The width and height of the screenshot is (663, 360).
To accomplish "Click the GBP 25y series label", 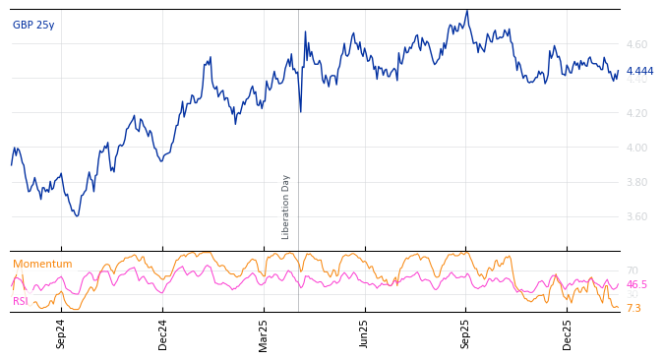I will click(x=33, y=26).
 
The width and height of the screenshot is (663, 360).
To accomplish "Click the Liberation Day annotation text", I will click(x=286, y=207).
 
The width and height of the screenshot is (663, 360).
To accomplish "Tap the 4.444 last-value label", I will click(x=639, y=71).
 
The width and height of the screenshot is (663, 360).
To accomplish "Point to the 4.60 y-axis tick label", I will click(x=635, y=45).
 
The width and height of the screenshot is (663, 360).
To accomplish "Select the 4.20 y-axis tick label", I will click(x=635, y=114).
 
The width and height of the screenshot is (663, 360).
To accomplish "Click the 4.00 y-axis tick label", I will click(x=635, y=149).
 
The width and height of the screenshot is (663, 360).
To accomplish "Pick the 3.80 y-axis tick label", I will click(x=635, y=183).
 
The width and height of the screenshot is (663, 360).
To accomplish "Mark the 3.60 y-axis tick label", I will click(x=635, y=217).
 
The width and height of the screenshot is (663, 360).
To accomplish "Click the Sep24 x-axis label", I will click(x=61, y=333).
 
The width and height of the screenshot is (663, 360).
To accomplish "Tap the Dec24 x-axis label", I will click(x=163, y=333).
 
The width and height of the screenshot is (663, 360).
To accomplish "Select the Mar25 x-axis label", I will click(x=264, y=333).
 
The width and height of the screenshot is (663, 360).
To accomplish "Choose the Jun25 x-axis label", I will click(x=365, y=333).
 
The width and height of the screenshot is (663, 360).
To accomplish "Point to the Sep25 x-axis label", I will click(x=466, y=333).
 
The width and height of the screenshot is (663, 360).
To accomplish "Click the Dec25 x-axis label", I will click(x=568, y=333).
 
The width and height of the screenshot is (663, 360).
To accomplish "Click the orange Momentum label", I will click(x=42, y=265).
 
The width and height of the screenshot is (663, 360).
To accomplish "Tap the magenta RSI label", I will click(x=21, y=302).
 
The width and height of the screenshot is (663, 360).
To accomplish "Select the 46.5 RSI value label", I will click(x=636, y=284).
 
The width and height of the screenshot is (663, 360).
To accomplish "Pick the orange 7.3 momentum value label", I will click(x=633, y=309).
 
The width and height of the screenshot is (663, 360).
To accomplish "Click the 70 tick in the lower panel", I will click(x=632, y=271).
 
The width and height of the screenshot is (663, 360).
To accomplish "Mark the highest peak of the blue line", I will click(x=467, y=11).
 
